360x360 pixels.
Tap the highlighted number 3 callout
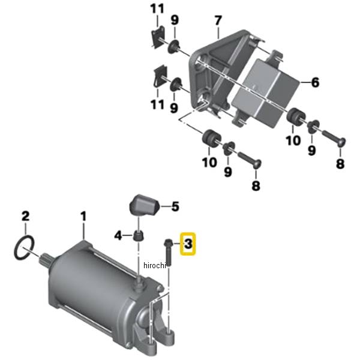188,244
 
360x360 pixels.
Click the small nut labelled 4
139,235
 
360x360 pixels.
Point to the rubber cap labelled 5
145,205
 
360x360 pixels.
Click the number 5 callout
175,206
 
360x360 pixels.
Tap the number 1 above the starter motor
83,216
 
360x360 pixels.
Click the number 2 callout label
25,216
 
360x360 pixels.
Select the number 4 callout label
118,235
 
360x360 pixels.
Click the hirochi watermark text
154,265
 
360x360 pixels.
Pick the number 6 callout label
315,82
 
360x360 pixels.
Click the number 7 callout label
218,20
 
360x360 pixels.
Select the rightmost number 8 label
340,164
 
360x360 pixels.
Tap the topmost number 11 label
157,9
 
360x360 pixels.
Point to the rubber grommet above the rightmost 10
296,116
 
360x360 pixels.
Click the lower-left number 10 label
209,163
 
